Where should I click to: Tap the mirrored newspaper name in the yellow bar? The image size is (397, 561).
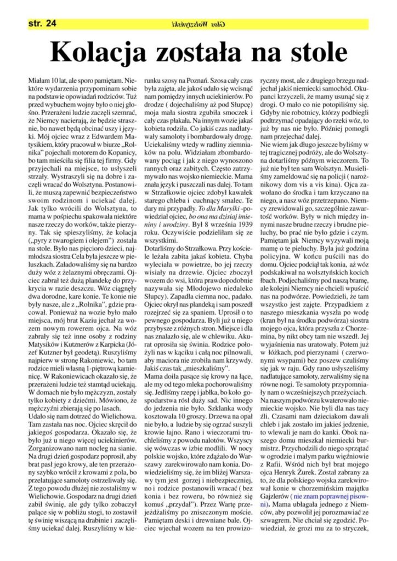[198, 24]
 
